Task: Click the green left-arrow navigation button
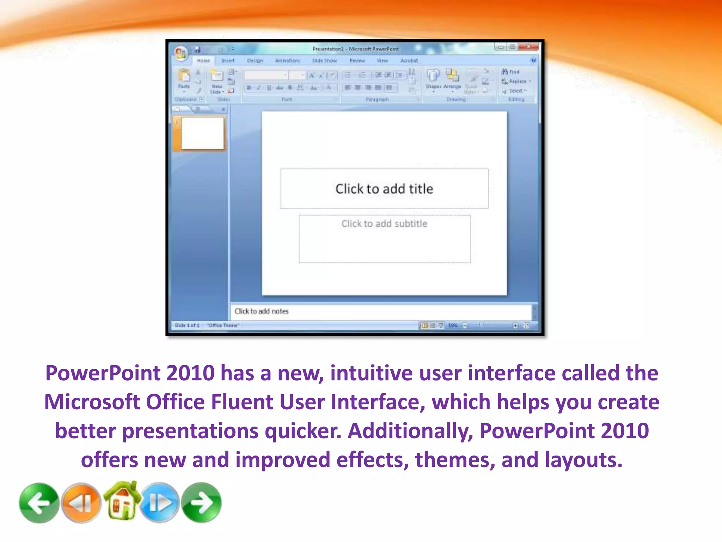click(39, 503)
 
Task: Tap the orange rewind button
click(81, 503)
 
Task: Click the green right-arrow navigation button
click(201, 503)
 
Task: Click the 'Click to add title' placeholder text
click(384, 189)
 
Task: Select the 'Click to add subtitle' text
click(384, 224)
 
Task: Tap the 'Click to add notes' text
click(262, 311)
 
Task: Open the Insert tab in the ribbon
click(228, 61)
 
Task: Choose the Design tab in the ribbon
click(255, 61)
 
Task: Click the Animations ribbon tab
click(287, 61)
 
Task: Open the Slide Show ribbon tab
click(324, 61)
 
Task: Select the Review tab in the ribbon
click(357, 61)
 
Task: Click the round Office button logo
click(180, 53)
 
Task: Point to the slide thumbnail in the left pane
click(202, 133)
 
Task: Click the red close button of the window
click(529, 47)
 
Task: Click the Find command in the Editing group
click(511, 72)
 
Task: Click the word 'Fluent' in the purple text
click(241, 402)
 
